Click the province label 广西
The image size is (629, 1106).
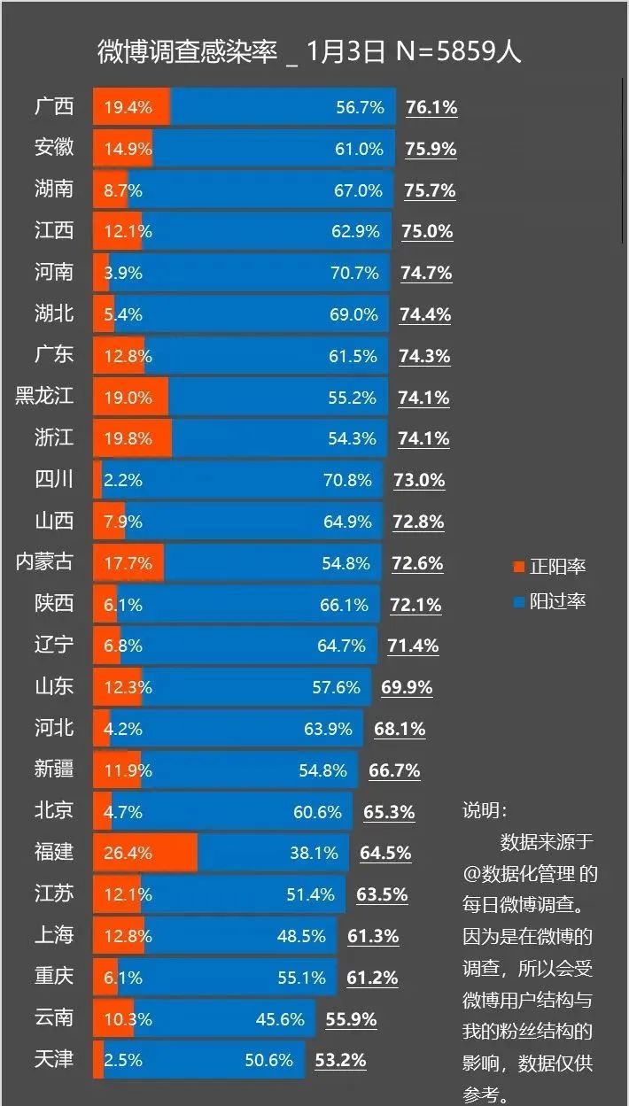54,107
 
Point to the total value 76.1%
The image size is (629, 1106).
431,107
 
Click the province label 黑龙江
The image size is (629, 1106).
44,396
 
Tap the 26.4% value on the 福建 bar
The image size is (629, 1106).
128,853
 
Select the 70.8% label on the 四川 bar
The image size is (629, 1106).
347,480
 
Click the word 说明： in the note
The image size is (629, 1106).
485,809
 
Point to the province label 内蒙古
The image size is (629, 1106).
44,561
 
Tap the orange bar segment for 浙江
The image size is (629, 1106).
133,437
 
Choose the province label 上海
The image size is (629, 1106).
54,934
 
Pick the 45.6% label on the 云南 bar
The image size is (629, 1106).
280,1018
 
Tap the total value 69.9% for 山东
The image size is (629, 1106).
407,687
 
